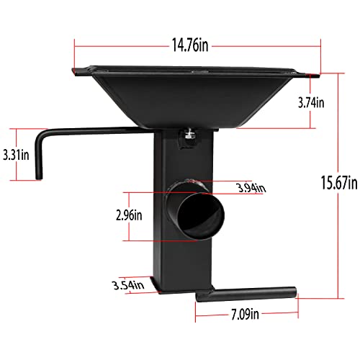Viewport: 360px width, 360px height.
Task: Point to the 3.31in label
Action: coord(15,153)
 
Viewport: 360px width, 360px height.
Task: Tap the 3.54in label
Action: coord(130,285)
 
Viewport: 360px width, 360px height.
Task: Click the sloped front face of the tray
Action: coord(191,101)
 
